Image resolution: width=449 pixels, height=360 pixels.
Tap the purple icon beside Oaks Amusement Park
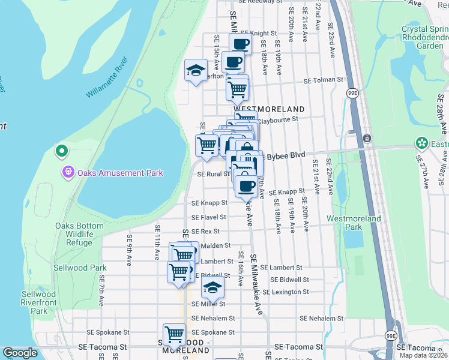68,173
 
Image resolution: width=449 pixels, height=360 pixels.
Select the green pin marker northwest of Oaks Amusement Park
61,151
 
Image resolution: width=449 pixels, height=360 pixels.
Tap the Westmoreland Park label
354,223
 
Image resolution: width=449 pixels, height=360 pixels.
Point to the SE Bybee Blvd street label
284,155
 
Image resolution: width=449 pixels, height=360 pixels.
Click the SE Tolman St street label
322,80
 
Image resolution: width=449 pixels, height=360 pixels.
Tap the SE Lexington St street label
289,292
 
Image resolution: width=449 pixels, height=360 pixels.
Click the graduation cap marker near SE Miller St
212,289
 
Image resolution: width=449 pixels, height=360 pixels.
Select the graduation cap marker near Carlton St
196,71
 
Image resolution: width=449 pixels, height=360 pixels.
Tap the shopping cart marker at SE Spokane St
174,334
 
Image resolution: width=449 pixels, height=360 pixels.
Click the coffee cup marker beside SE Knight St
240,43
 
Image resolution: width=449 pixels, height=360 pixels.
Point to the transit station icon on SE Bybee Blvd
366,139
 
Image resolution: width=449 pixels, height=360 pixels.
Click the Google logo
20,353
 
